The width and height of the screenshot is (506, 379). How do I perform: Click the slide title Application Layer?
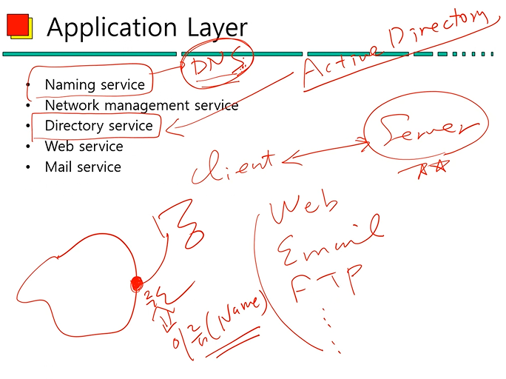(146, 27)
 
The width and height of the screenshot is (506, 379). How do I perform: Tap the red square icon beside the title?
(17, 25)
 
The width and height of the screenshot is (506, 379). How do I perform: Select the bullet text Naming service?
(95, 84)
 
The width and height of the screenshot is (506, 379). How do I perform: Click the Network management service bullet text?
(141, 105)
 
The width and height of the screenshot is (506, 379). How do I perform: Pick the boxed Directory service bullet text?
(98, 126)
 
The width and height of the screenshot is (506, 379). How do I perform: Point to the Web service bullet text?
(84, 146)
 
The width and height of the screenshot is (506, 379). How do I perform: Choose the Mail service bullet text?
(83, 167)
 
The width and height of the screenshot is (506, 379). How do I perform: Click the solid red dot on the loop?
(136, 282)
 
